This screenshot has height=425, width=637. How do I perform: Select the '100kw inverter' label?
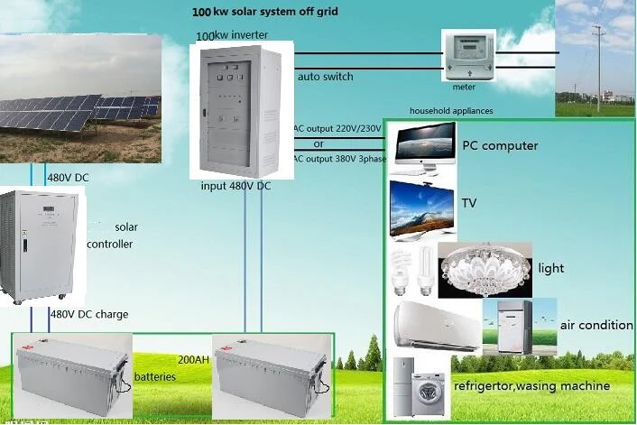pyautogui.click(x=232, y=35)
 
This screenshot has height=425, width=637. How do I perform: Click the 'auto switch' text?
pyautogui.click(x=325, y=77)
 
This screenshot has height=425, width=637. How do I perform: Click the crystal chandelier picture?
pyautogui.click(x=485, y=269)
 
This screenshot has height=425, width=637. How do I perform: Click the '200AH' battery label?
pyautogui.click(x=193, y=358)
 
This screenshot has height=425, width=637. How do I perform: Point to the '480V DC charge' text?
pyautogui.click(x=89, y=314)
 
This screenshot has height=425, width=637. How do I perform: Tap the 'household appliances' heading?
pyautogui.click(x=451, y=110)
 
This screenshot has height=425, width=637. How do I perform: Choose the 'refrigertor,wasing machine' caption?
pyautogui.click(x=531, y=386)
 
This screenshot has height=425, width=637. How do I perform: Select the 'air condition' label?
pyautogui.click(x=597, y=325)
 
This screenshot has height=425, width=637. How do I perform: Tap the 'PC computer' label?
pyautogui.click(x=500, y=145)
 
